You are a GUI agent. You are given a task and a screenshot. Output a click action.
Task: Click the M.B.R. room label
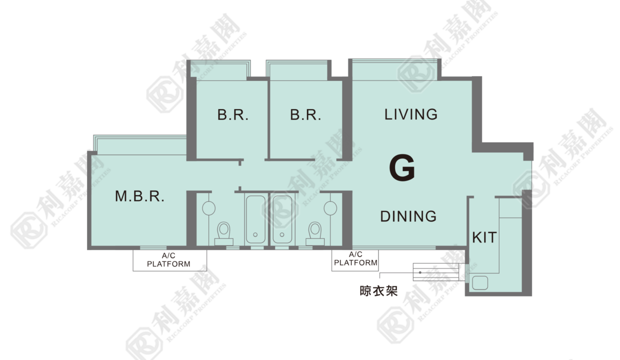pos(139,196)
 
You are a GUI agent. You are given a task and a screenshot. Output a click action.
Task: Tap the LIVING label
pos(411,114)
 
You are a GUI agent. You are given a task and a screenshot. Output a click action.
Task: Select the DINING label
pos(408,216)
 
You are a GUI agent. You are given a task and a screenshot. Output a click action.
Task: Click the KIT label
pos(484,237)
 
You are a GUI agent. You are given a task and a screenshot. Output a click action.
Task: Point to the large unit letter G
pos(402,167)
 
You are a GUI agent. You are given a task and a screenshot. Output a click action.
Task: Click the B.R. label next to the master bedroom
pos(233,114)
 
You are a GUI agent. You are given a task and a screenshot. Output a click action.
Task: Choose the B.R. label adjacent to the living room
pos(305,114)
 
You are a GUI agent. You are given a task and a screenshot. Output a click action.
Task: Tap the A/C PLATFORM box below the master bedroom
pos(169,260)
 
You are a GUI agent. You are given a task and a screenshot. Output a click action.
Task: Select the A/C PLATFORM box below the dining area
pos(355,260)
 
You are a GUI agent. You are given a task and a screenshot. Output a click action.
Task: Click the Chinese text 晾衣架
pos(378,291)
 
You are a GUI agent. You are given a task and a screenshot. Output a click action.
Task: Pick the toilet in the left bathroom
pos(223,233)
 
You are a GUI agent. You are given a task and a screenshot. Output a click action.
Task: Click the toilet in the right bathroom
pos(315,233)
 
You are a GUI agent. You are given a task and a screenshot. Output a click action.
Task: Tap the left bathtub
pos(255,219)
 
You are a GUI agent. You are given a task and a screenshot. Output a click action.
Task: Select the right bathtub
pos(282,219)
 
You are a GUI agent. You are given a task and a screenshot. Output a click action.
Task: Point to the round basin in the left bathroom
pos(208,208)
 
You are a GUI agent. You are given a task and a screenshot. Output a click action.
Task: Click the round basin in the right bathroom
pos(330,208)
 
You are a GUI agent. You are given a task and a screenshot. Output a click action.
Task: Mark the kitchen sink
pos(480,283)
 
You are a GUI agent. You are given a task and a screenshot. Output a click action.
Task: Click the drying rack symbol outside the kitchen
pos(435,272)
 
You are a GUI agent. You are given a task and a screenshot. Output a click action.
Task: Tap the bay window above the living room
pos(394,69)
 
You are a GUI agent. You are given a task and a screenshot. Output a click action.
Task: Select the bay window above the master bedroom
pos(140,145)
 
